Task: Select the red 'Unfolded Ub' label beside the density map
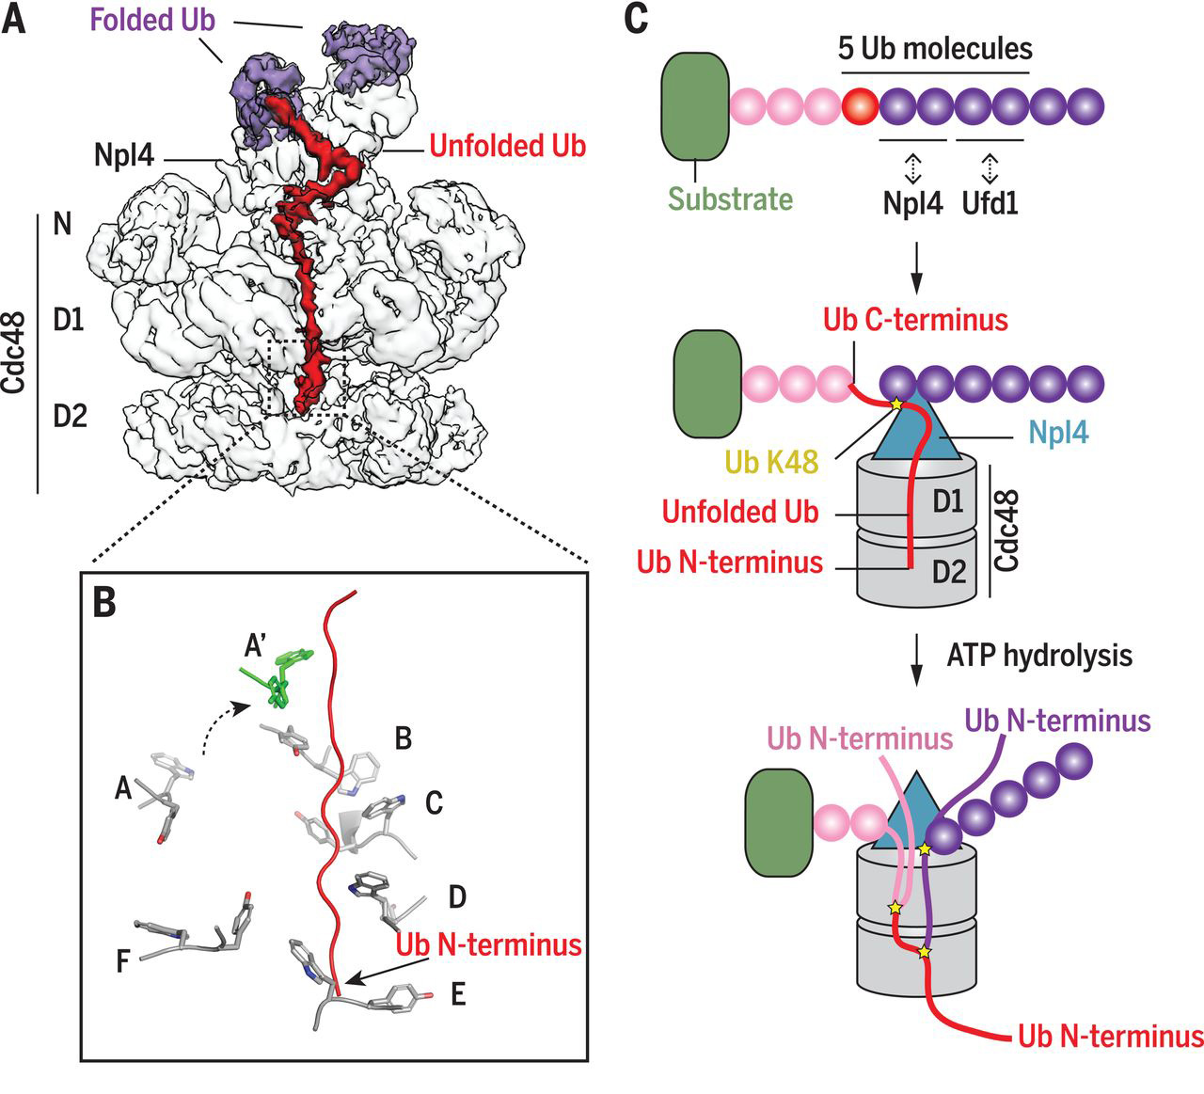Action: (x=507, y=146)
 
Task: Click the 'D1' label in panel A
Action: (x=69, y=321)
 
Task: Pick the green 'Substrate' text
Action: (x=730, y=199)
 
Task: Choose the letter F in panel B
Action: (x=123, y=964)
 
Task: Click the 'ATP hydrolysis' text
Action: (x=1038, y=655)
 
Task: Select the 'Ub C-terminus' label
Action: (x=915, y=319)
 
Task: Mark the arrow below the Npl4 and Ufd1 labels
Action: (x=917, y=273)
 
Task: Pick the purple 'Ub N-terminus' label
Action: (x=1057, y=721)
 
